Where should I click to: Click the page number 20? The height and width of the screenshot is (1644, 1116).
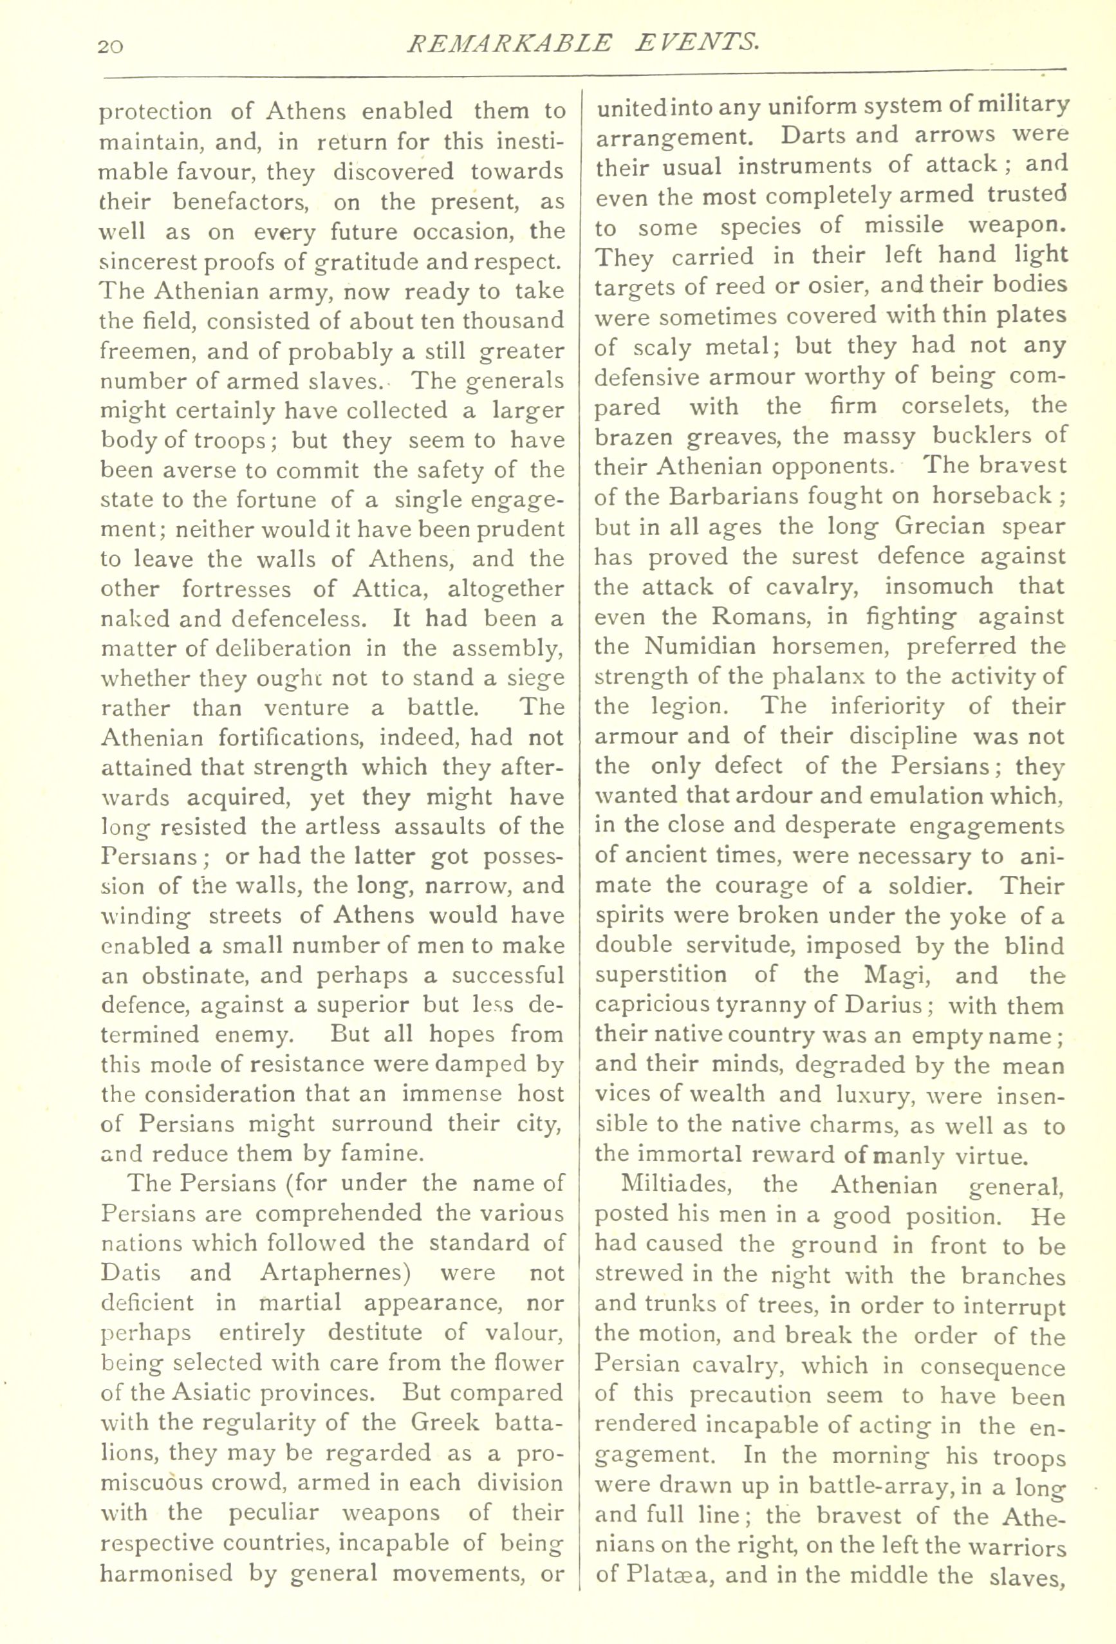[111, 47]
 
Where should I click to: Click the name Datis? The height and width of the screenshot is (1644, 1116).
[131, 1273]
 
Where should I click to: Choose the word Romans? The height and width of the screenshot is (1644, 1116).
[754, 616]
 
